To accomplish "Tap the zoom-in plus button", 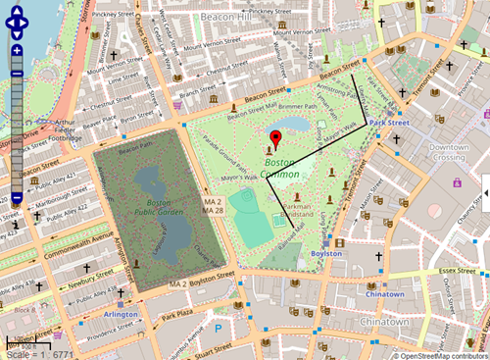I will (x=16, y=49).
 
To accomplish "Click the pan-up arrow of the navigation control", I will (x=18, y=11).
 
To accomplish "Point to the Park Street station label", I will (x=389, y=124).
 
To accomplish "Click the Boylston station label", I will (x=325, y=253).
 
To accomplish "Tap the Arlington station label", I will (x=120, y=315).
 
